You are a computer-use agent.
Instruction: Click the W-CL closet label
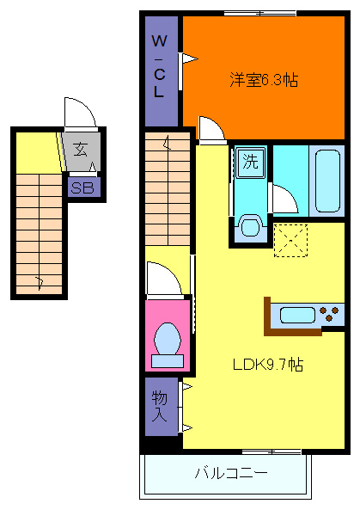[160, 66]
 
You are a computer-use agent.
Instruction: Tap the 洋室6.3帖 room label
[264, 80]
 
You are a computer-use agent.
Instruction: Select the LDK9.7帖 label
[267, 365]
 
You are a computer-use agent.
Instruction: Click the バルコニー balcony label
[231, 473]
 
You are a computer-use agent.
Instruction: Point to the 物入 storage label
[160, 407]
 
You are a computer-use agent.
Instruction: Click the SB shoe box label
[82, 187]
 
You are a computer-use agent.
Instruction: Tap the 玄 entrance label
[80, 149]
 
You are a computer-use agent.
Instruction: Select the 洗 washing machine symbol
[250, 162]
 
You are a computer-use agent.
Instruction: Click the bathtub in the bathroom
[327, 181]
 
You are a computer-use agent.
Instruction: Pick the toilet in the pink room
[168, 345]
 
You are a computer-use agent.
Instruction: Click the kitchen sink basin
[297, 315]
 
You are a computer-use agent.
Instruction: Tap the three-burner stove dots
[329, 314]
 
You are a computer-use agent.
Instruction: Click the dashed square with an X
[290, 240]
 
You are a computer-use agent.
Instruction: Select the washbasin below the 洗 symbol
[251, 225]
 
